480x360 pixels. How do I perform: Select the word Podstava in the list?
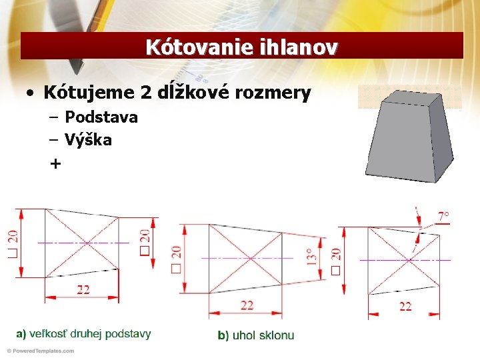coord(101,117)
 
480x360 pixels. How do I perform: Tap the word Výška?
coord(88,140)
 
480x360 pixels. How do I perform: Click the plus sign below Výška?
coord(55,163)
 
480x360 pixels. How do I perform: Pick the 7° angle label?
coord(443,217)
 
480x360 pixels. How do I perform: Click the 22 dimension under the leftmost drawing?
coord(83,289)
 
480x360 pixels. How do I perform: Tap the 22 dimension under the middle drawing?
coord(247,305)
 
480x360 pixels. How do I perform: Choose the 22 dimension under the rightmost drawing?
coord(405,306)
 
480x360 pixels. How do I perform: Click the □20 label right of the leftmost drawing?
coord(145,243)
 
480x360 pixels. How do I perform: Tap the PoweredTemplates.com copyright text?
coord(39,351)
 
